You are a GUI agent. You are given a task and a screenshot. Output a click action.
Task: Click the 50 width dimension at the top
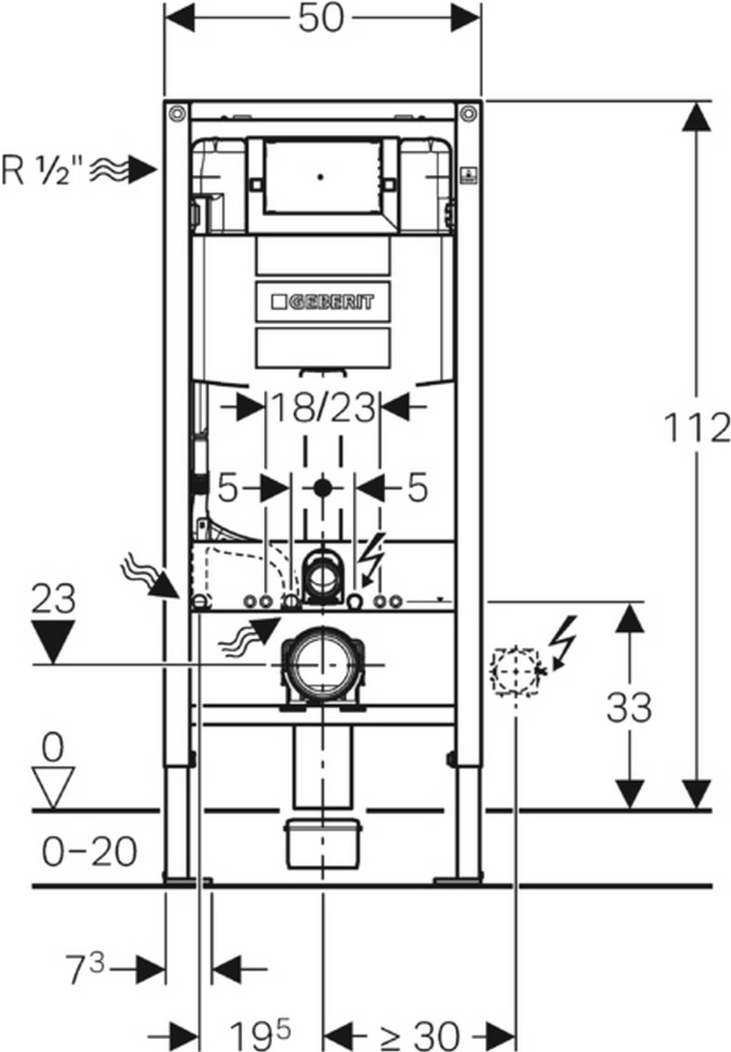pyautogui.click(x=321, y=19)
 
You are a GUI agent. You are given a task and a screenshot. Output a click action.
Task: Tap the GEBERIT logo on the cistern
pyautogui.click(x=323, y=302)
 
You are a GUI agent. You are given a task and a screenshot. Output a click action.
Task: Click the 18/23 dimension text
pyautogui.click(x=322, y=408)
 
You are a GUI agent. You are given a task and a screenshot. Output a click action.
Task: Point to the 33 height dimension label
pyautogui.click(x=629, y=707)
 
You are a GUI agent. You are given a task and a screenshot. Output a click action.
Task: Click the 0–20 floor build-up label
pyautogui.click(x=90, y=851)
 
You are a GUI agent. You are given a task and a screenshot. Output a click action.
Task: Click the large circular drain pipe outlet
pyautogui.click(x=322, y=665)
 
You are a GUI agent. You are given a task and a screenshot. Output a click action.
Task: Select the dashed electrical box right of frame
pyautogui.click(x=516, y=670)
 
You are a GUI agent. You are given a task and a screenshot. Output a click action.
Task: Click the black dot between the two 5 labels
pyautogui.click(x=322, y=488)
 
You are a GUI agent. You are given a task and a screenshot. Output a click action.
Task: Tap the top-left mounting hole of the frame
pyautogui.click(x=177, y=113)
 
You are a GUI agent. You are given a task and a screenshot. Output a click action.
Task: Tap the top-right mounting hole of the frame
pyautogui.click(x=468, y=113)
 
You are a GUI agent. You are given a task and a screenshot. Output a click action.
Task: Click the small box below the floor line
pyautogui.click(x=323, y=844)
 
